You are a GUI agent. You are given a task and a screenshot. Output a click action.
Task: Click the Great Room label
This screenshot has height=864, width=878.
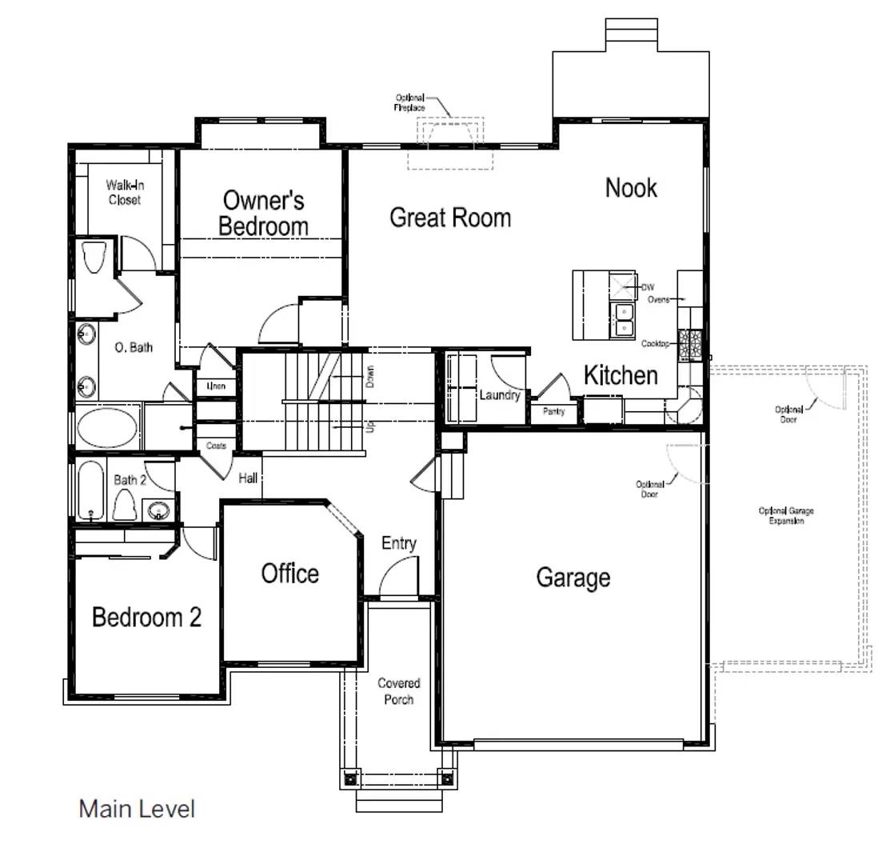[x=449, y=218]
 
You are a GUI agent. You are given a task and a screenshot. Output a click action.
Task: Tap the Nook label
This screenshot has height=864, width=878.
[x=631, y=188]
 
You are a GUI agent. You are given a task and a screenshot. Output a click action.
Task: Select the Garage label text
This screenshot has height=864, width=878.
[x=573, y=578]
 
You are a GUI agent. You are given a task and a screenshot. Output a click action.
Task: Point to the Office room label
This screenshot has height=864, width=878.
[x=289, y=574]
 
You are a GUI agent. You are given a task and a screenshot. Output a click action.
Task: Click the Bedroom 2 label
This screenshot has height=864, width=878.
[x=146, y=618]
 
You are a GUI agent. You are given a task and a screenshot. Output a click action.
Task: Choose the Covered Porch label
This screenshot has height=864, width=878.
[x=398, y=691]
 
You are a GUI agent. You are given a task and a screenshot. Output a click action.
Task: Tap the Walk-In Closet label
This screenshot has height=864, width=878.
[x=125, y=193]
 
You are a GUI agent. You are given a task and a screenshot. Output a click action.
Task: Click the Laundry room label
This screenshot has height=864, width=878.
[x=500, y=395]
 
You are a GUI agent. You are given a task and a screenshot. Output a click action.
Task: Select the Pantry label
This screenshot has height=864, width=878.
[x=553, y=411]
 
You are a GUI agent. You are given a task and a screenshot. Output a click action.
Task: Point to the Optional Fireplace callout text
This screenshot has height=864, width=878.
[x=410, y=102]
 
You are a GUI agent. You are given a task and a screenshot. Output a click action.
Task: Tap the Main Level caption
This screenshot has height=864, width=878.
[x=137, y=809]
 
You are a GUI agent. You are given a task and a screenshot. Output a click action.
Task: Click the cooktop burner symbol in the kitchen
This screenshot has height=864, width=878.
[x=689, y=345]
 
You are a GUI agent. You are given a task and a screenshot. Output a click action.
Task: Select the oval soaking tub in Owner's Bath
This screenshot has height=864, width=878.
[x=108, y=427]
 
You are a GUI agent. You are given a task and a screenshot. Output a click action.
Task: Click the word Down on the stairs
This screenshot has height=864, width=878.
[x=369, y=377]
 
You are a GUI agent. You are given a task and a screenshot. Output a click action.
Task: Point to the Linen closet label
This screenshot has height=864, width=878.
[x=216, y=386]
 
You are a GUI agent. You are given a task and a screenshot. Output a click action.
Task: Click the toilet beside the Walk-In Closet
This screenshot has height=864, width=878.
[x=94, y=257]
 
